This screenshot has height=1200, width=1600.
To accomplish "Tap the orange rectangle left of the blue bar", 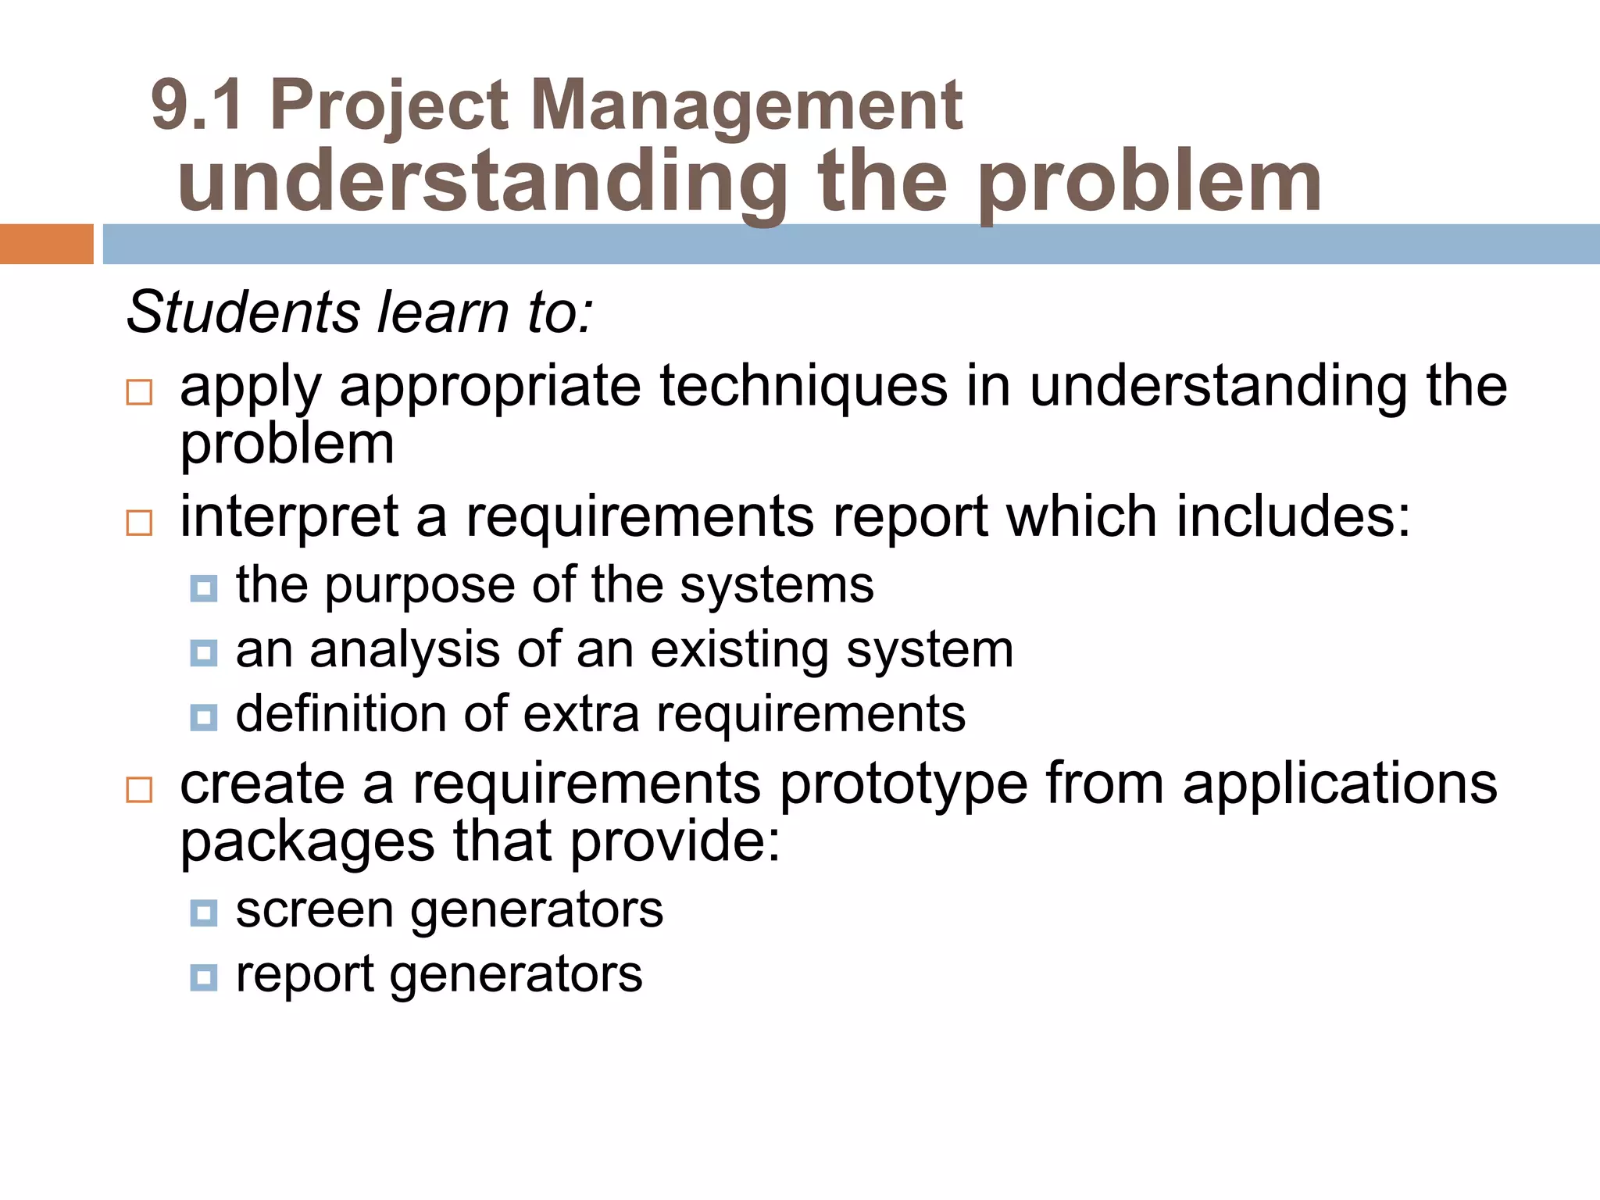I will coord(46,244).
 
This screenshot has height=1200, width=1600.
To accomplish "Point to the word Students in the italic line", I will coord(243,312).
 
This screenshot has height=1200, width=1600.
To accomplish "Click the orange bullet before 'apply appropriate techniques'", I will coord(139,391).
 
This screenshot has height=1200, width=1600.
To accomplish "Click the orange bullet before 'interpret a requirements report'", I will coord(139,522).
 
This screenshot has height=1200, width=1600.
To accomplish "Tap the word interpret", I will coord(289,518).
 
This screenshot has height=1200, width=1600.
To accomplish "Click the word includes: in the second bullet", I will coord(1293,516).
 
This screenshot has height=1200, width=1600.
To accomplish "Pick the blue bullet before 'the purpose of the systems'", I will coord(204,588).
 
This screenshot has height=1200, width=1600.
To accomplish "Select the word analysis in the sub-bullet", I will coord(404,651).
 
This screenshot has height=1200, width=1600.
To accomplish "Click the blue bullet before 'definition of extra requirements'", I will coord(204,717).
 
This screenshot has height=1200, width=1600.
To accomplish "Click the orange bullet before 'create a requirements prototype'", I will coord(139,789).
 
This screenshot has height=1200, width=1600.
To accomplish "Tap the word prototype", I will coord(903,785).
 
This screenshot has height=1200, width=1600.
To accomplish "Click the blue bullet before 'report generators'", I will coord(204,977).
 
